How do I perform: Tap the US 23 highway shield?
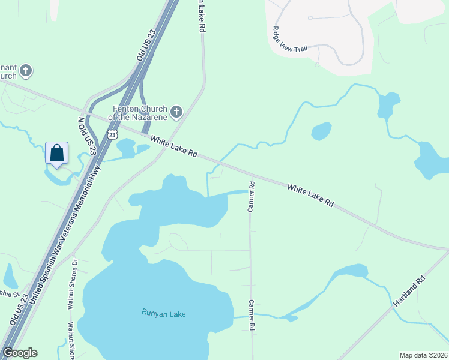(112, 135)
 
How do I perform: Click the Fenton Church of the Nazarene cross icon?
(176, 112)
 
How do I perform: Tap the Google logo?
(20, 353)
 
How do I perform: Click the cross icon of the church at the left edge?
(25, 71)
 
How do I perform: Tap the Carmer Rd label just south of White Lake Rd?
(252, 196)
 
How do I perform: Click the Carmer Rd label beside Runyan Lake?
(252, 315)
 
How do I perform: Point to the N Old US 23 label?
(87, 136)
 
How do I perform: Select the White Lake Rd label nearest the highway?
(174, 146)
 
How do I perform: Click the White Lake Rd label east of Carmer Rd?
(310, 196)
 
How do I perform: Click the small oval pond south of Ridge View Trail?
(321, 131)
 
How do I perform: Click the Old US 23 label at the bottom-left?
(19, 310)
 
